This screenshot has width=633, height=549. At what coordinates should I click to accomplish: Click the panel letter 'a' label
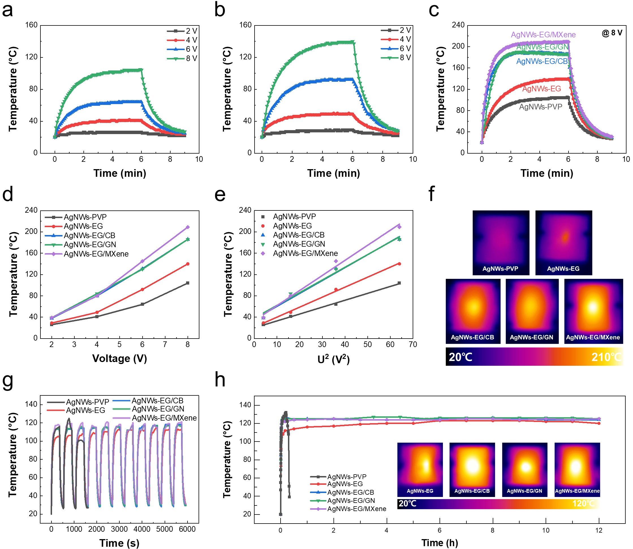click(x=7, y=10)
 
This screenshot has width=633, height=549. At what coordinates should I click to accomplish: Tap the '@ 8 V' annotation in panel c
click(x=612, y=33)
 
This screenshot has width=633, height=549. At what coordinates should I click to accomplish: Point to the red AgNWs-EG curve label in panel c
click(x=541, y=89)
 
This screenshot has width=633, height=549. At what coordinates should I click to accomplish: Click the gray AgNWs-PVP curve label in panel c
click(x=540, y=107)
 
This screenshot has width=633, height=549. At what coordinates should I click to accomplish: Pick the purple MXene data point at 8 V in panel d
click(x=188, y=227)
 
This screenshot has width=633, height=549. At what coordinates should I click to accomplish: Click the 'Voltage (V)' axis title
click(x=119, y=358)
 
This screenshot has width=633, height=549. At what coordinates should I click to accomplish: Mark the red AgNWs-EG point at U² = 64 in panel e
click(x=399, y=264)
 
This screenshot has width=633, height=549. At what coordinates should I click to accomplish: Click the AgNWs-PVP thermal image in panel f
click(x=501, y=242)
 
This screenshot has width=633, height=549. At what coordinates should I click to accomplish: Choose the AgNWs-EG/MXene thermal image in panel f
click(x=593, y=311)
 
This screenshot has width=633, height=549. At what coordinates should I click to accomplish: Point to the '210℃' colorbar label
click(x=606, y=357)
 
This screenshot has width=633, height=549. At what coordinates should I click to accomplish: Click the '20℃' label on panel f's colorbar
click(x=460, y=357)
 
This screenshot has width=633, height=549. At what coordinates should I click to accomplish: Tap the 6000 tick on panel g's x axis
click(x=187, y=529)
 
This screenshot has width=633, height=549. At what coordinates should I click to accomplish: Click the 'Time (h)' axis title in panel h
click(x=439, y=543)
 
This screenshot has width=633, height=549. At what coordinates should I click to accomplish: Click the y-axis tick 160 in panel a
click(x=31, y=25)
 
